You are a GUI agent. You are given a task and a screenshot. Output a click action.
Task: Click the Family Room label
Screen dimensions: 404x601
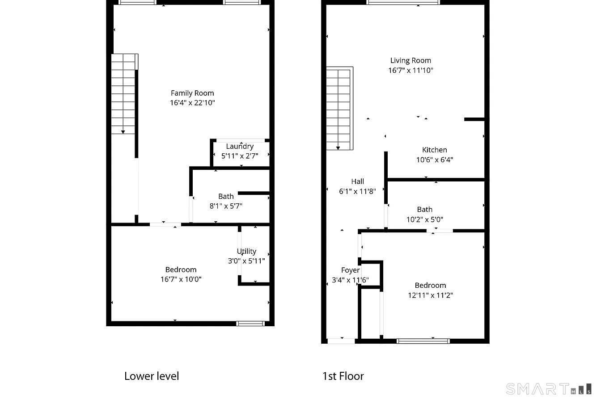[x=192, y=93]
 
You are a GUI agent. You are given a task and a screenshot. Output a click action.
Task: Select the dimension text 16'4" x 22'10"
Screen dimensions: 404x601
[x=192, y=103]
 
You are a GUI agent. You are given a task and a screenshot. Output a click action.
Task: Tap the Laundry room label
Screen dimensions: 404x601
[x=240, y=146]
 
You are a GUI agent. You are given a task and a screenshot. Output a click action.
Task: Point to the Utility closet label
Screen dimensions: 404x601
[x=246, y=251]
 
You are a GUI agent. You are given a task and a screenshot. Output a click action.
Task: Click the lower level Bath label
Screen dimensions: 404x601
[x=226, y=196]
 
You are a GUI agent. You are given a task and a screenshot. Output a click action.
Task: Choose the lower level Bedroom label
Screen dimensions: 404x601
[x=181, y=269]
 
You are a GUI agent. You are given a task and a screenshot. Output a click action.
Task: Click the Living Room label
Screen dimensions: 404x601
[x=411, y=60]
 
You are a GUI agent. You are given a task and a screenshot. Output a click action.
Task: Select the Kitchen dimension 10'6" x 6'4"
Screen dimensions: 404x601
[x=434, y=160]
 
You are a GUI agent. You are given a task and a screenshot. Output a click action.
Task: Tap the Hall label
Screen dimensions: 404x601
[x=357, y=181]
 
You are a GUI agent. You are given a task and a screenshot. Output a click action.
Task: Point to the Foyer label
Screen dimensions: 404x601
[x=350, y=270]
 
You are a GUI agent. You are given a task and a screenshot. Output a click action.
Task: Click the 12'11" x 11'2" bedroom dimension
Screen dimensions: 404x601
[x=430, y=295]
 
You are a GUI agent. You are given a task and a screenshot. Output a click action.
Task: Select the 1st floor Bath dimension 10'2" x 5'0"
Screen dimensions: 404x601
[x=424, y=219]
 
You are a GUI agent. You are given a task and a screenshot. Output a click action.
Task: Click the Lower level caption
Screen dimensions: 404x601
[x=152, y=376]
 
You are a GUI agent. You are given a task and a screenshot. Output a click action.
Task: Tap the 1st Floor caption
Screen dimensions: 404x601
[x=343, y=376]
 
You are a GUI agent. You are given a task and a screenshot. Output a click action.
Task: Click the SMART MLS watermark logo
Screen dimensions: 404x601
[x=549, y=389]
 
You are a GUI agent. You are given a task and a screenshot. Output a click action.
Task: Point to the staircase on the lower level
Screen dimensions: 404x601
[x=123, y=94]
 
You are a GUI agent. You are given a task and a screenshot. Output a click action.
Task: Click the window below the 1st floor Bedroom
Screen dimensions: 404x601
[x=423, y=341]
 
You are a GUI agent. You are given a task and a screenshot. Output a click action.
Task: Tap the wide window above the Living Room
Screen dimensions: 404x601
[x=403, y=2]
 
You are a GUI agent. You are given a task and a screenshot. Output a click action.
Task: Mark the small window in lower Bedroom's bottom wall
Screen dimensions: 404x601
[x=250, y=324]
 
